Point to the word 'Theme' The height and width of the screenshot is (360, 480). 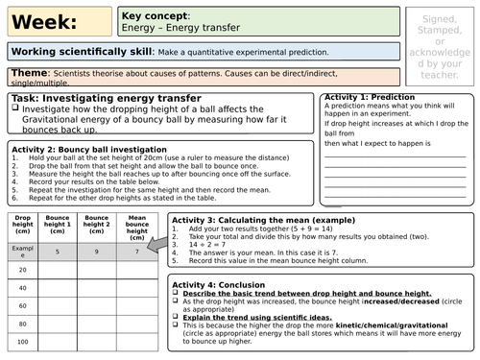(x=30, y=73)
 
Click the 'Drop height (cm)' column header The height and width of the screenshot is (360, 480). (x=23, y=228)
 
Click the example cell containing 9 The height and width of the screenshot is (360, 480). (x=96, y=251)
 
